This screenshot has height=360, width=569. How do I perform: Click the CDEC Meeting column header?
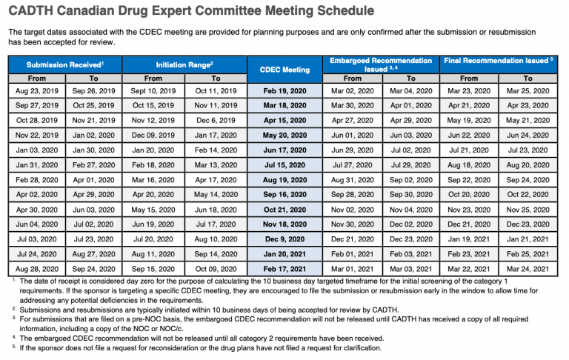284,70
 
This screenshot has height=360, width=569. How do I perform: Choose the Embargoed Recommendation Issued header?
382,64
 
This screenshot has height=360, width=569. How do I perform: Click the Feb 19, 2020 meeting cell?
284,90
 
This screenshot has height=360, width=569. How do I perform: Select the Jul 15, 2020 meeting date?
284,164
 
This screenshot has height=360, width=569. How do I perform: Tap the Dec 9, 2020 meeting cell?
284,239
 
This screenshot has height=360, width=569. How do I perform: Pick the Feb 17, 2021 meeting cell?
284,268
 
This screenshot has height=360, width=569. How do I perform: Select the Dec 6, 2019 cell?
216,120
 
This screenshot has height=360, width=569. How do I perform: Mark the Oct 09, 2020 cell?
216,268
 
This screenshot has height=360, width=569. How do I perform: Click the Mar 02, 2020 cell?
353,90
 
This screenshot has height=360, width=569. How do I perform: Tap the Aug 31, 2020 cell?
353,179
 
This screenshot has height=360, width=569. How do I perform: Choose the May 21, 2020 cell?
528,120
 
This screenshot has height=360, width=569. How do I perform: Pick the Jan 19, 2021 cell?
469,239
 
